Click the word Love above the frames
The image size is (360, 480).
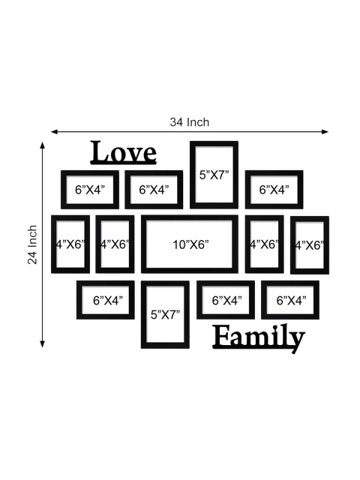click(x=124, y=152)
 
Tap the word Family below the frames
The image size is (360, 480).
click(x=259, y=338)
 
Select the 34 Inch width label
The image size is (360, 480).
click(x=190, y=122)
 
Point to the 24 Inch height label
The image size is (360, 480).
click(x=32, y=244)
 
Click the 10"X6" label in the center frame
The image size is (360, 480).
click(x=190, y=244)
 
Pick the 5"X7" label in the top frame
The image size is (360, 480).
click(x=214, y=175)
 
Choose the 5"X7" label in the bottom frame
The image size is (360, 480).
click(x=165, y=314)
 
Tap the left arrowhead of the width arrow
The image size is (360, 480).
click(x=55, y=132)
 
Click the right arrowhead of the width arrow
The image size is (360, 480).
click(x=325, y=132)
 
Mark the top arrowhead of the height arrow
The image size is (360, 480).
click(x=43, y=145)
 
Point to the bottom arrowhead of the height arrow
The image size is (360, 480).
click(x=43, y=343)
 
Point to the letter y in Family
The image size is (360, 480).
click(x=296, y=342)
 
